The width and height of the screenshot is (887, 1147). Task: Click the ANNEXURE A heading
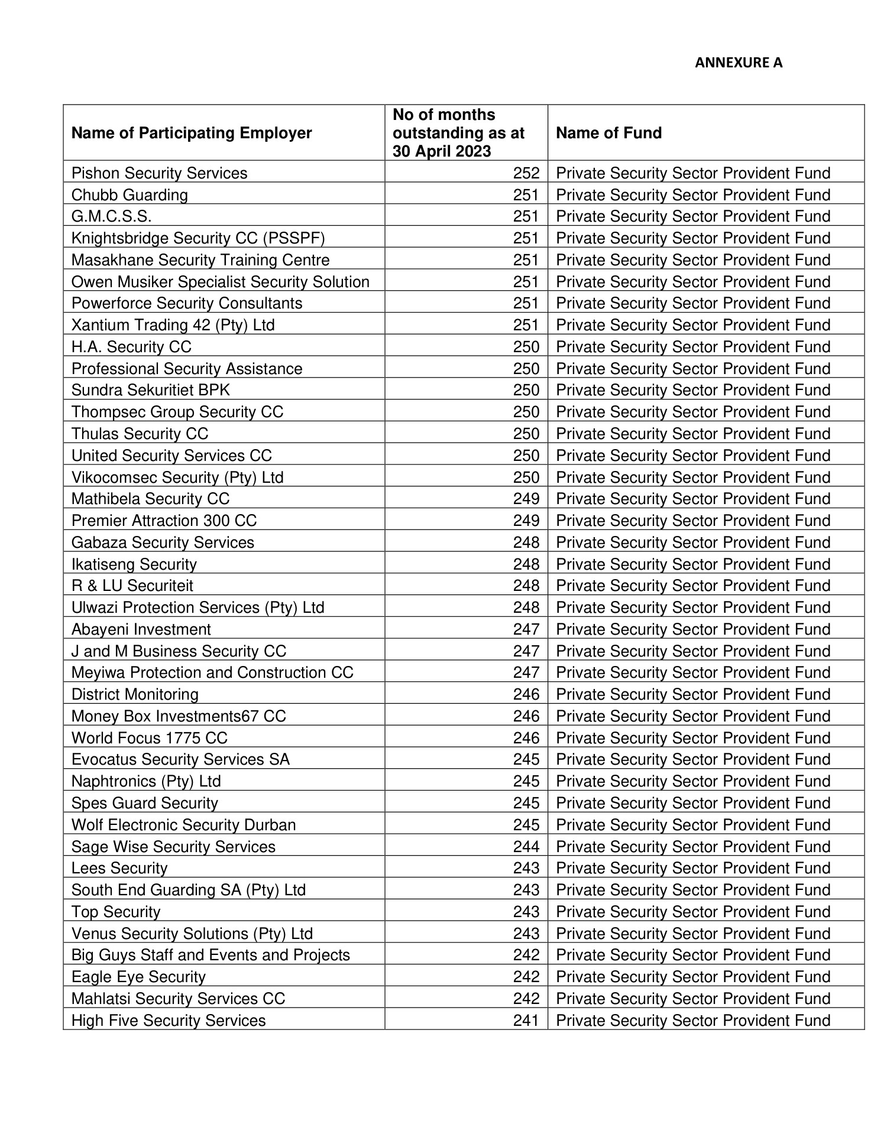coord(738,63)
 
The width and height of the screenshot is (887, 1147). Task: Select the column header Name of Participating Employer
coord(191,133)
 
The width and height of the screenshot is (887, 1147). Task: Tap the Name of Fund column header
coord(608,133)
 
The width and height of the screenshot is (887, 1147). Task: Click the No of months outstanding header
coord(458,133)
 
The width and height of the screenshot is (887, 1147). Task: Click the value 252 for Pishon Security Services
coord(526,173)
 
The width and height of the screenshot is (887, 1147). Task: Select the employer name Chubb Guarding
coord(130,195)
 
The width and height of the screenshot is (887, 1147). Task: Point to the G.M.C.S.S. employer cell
coord(111,216)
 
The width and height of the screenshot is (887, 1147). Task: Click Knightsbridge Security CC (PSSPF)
coord(198,238)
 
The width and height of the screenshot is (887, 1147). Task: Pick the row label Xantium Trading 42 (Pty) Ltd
coord(173,325)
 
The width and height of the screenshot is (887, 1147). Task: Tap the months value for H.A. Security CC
coord(526,347)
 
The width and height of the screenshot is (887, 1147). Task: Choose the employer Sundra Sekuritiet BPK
coord(151,390)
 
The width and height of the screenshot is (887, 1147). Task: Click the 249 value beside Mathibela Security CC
coord(526,499)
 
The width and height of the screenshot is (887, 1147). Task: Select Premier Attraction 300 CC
coord(164,521)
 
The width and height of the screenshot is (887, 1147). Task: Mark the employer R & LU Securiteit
coord(132,586)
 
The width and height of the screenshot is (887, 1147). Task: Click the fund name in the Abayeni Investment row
coord(693,629)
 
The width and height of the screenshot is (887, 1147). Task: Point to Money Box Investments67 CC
coord(179,716)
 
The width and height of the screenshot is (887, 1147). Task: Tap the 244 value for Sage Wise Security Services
coord(526,847)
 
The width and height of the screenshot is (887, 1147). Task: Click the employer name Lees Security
coord(119,868)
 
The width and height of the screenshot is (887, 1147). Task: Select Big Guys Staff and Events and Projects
coord(211,955)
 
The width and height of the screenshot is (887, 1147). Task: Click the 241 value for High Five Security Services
coord(526,1021)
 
